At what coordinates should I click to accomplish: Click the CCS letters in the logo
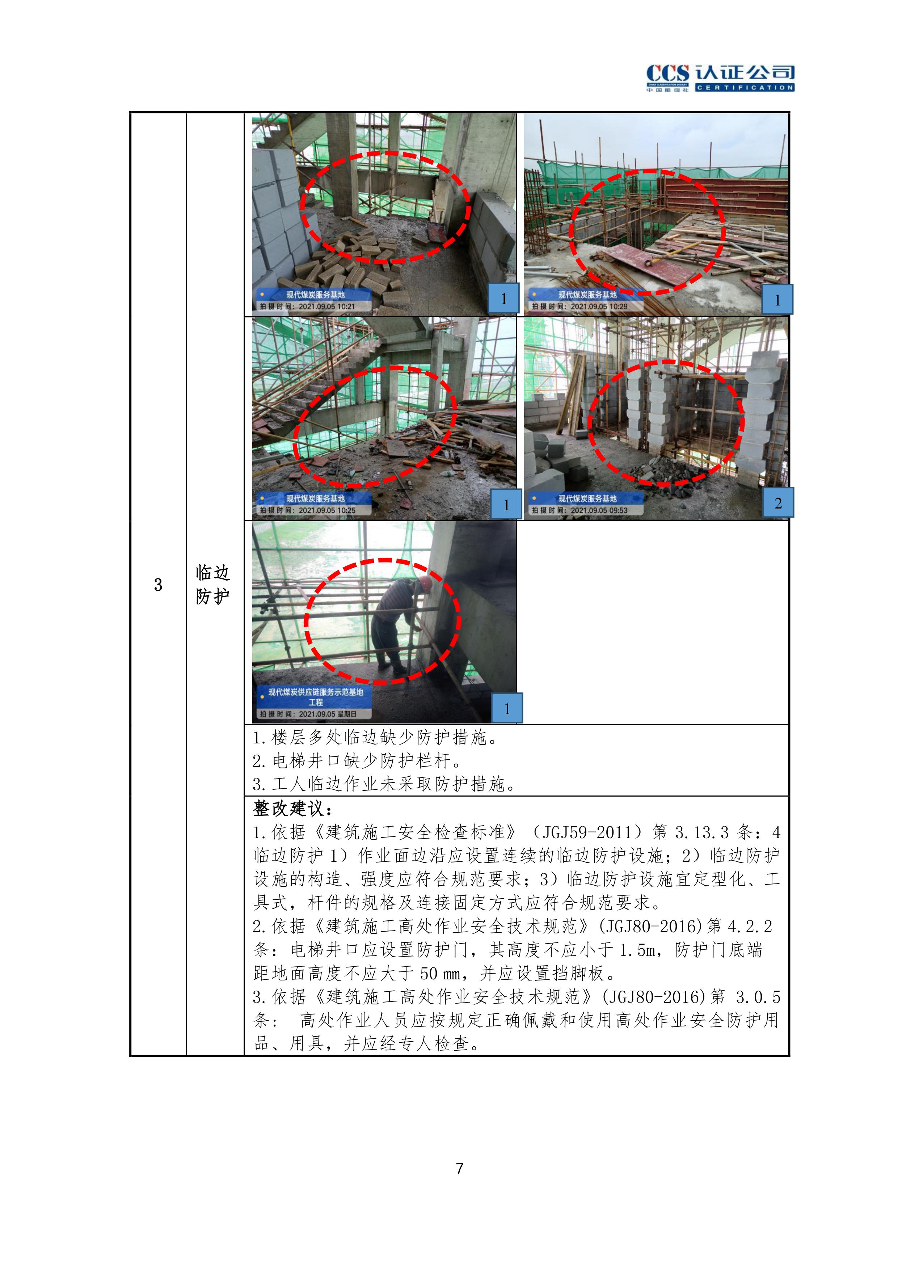click(x=668, y=73)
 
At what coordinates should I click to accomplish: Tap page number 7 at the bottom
click(x=459, y=1168)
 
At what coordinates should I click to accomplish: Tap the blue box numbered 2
click(x=777, y=502)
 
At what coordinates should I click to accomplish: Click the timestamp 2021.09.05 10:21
click(x=327, y=307)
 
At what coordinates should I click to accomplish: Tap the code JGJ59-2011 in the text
click(x=587, y=832)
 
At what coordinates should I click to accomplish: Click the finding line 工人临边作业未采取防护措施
click(x=384, y=784)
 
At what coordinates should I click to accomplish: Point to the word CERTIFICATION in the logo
click(x=745, y=87)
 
